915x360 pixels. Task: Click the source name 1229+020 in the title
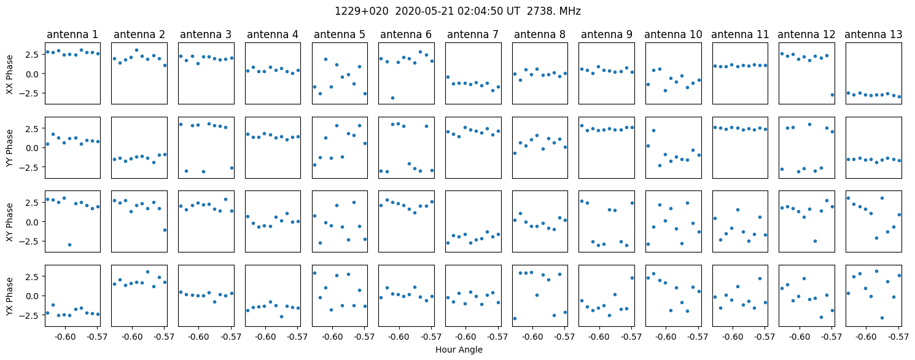pyautogui.click(x=362, y=11)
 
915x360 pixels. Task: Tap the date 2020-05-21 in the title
pyautogui.click(x=424, y=11)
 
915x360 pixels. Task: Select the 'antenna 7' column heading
pyautogui.click(x=473, y=35)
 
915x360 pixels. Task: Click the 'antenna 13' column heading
pyautogui.click(x=873, y=35)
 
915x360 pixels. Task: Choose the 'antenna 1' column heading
pyautogui.click(x=72, y=35)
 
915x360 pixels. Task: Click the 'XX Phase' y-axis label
pyautogui.click(x=9, y=74)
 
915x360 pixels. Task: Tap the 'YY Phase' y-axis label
pyautogui.click(x=9, y=148)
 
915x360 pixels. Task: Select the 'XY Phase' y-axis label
pyautogui.click(x=9, y=222)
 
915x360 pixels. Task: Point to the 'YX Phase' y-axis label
pyautogui.click(x=9, y=296)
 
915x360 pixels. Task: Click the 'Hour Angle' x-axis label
pyautogui.click(x=459, y=350)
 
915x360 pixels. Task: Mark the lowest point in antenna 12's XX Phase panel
pyautogui.click(x=832, y=95)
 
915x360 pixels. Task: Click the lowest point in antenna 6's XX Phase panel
pyautogui.click(x=392, y=98)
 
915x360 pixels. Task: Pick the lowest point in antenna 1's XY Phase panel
pyautogui.click(x=69, y=245)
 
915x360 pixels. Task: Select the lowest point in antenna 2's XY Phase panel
pyautogui.click(x=165, y=230)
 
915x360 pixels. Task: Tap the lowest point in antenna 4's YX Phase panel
pyautogui.click(x=281, y=316)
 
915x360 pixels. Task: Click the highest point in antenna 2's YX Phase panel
pyautogui.click(x=147, y=272)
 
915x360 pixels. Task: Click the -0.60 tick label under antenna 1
pyautogui.click(x=65, y=337)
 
